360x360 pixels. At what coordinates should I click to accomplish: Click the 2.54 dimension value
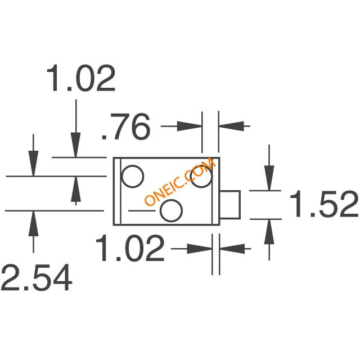coord(37,277)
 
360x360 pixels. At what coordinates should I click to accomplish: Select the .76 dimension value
coord(126,127)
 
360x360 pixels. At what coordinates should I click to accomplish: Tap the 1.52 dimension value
coord(324,204)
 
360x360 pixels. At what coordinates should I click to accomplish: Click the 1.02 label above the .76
coord(80,78)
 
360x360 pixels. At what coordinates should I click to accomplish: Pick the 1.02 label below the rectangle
coord(130,248)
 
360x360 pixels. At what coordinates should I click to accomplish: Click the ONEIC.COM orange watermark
coord(180,181)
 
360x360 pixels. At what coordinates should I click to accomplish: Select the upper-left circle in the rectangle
coord(133,176)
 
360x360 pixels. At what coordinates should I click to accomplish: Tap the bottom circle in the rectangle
coord(171,210)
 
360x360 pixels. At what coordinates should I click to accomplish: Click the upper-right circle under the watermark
coord(202,176)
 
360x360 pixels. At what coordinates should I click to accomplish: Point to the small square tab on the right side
coord(230,204)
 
